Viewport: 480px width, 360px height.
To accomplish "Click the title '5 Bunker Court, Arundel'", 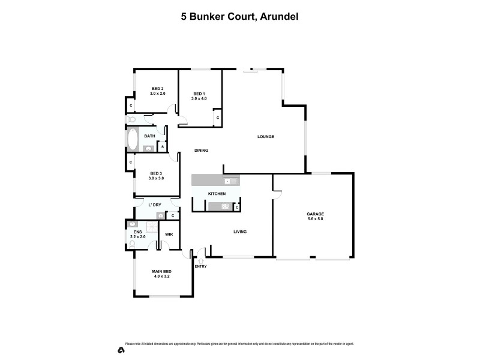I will (x=240, y=17).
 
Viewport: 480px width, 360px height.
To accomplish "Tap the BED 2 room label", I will (x=157, y=89).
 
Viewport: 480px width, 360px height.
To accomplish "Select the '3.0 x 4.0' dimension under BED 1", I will (x=199, y=98).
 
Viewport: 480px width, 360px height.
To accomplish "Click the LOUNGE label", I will (x=266, y=137).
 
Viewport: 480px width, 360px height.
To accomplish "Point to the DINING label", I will (x=201, y=151).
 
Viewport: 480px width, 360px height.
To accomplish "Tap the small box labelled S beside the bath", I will (x=162, y=146).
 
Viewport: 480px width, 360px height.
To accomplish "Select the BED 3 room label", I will (x=157, y=173).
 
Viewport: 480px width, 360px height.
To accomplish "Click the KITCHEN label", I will (x=216, y=194).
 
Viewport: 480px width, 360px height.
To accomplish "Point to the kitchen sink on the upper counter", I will (x=229, y=181).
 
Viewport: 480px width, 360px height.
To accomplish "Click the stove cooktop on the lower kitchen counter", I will (x=225, y=207).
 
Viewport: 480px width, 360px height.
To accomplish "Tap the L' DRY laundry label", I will (x=155, y=205).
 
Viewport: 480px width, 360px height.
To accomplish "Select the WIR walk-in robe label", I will (x=169, y=234).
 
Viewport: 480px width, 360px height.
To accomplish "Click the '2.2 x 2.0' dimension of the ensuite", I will (x=137, y=237).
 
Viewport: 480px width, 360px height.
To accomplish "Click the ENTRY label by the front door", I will (x=200, y=266).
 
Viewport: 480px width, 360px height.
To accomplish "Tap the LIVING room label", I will (x=240, y=232).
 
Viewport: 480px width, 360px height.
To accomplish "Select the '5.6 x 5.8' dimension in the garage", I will (x=315, y=218).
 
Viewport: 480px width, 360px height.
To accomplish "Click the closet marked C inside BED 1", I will (x=217, y=118).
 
